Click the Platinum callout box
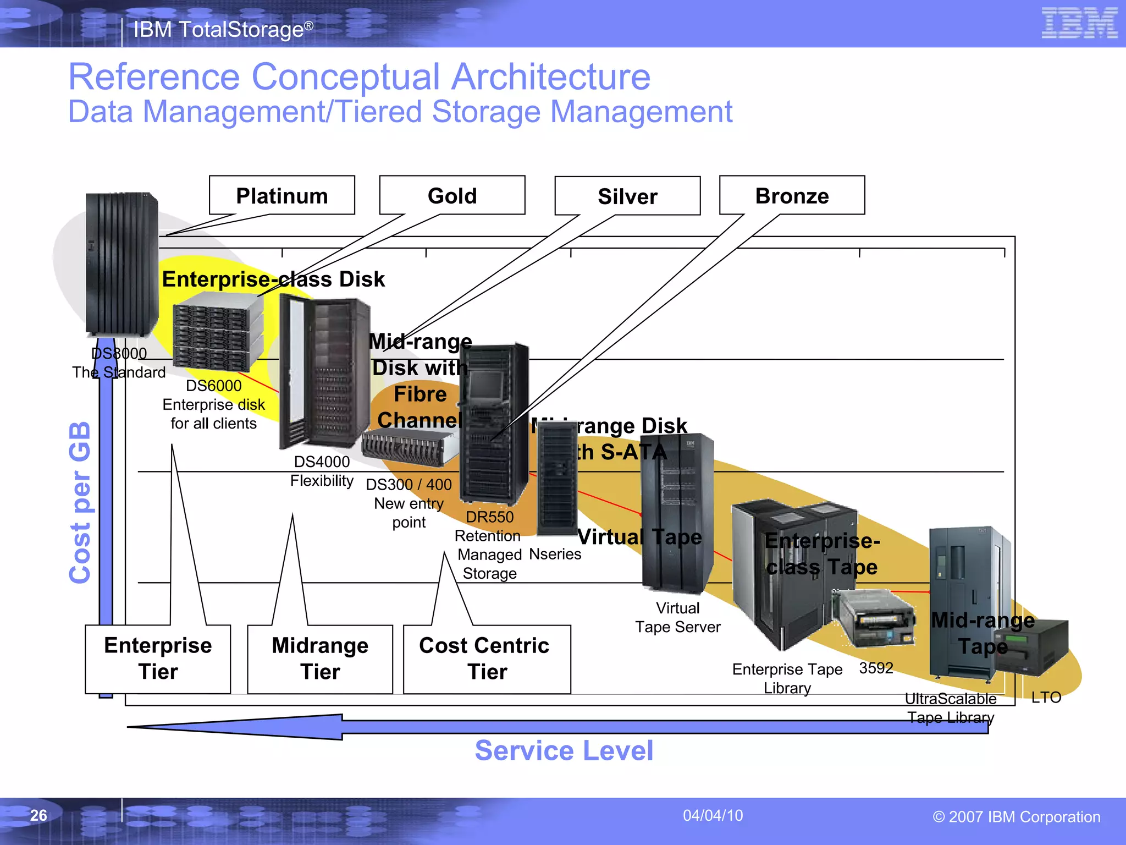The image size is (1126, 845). pos(281,196)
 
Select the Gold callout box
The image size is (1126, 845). pos(452,196)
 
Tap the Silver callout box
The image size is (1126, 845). pos(627,196)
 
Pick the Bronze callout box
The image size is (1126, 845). pos(792,196)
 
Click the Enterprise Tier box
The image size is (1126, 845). pos(158,659)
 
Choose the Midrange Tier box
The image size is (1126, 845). pos(320,659)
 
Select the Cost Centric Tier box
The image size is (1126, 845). pos(486,659)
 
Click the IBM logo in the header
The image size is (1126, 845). pos(1079,23)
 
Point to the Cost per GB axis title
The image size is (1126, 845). pos(80,502)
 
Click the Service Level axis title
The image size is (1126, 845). pos(564,750)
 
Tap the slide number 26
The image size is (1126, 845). pos(38,815)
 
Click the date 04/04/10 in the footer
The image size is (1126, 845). pos(713,815)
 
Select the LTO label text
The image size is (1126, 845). pos(1046,698)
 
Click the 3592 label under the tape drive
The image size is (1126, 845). pos(876,668)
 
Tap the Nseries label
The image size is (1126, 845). pos(555,554)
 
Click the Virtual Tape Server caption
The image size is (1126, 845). pos(677,617)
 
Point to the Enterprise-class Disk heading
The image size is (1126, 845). pos(273,279)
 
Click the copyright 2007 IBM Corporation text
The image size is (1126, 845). pos(1016,816)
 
